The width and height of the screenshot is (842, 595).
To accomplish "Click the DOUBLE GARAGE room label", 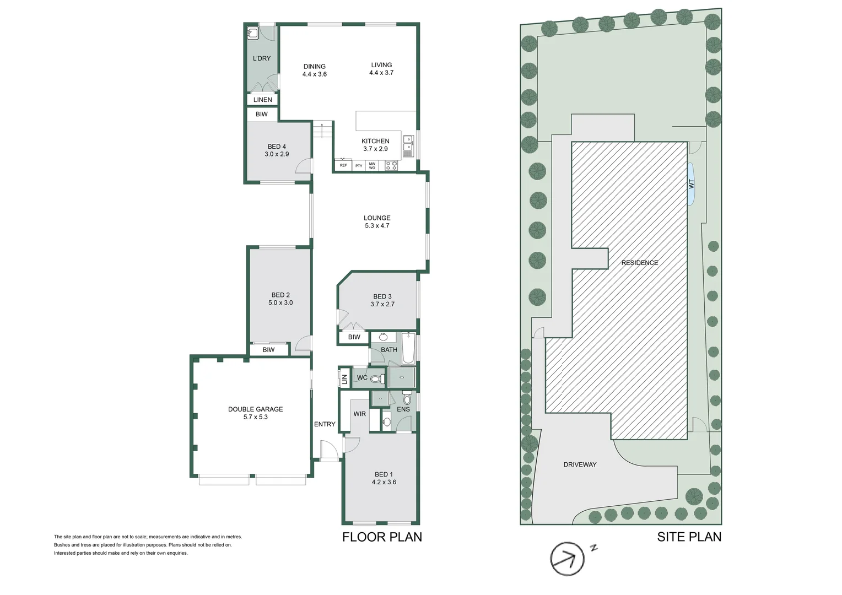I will [255, 409].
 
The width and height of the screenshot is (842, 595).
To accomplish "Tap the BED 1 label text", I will [384, 474].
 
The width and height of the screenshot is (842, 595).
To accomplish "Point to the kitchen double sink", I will [408, 143].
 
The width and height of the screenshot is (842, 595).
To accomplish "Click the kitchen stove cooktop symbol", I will [391, 165].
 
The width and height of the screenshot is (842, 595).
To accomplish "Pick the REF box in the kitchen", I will [343, 165].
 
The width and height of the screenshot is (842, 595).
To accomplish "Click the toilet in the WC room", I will [376, 378].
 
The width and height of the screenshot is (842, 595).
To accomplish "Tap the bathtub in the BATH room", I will [408, 348].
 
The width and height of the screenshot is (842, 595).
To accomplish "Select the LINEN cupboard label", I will [263, 100].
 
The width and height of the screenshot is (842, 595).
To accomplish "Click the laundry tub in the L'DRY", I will [252, 33].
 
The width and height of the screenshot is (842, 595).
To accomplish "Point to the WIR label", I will [359, 414].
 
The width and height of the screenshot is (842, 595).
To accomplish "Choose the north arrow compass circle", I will [567, 559].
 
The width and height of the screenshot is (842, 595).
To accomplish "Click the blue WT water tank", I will [691, 184].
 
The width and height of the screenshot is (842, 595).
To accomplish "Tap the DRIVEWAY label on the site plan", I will [580, 464].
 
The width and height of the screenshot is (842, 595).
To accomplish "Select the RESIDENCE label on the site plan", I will [639, 263].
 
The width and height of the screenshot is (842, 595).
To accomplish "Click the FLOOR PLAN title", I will [382, 537].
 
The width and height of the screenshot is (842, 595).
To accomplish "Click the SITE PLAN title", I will [689, 537].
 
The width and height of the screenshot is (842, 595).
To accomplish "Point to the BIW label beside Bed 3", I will [354, 337].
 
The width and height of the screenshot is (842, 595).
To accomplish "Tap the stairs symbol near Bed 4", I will [322, 131].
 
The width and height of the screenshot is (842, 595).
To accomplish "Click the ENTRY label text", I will [325, 424].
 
